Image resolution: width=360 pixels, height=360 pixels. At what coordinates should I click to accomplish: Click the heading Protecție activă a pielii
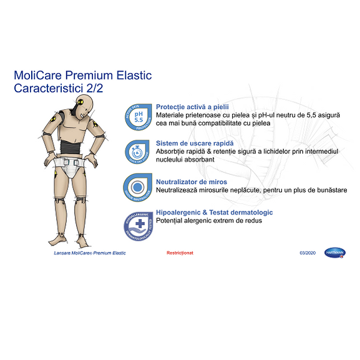click(x=193, y=107)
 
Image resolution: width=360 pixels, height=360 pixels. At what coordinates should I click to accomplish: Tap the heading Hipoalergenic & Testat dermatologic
click(x=214, y=213)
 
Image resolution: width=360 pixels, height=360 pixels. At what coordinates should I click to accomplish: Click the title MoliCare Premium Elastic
click(x=82, y=76)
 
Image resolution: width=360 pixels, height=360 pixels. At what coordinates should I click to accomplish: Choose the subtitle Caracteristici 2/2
click(x=59, y=89)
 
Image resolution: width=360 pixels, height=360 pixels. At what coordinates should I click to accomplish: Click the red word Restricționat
click(x=180, y=253)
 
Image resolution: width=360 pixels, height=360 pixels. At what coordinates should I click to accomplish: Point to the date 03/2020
click(x=308, y=253)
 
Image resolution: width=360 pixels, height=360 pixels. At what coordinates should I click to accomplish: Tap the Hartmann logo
click(x=335, y=253)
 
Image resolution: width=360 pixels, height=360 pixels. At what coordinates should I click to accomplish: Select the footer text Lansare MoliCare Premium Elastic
click(x=89, y=253)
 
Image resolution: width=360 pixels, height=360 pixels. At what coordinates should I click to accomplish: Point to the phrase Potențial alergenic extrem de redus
click(x=209, y=221)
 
